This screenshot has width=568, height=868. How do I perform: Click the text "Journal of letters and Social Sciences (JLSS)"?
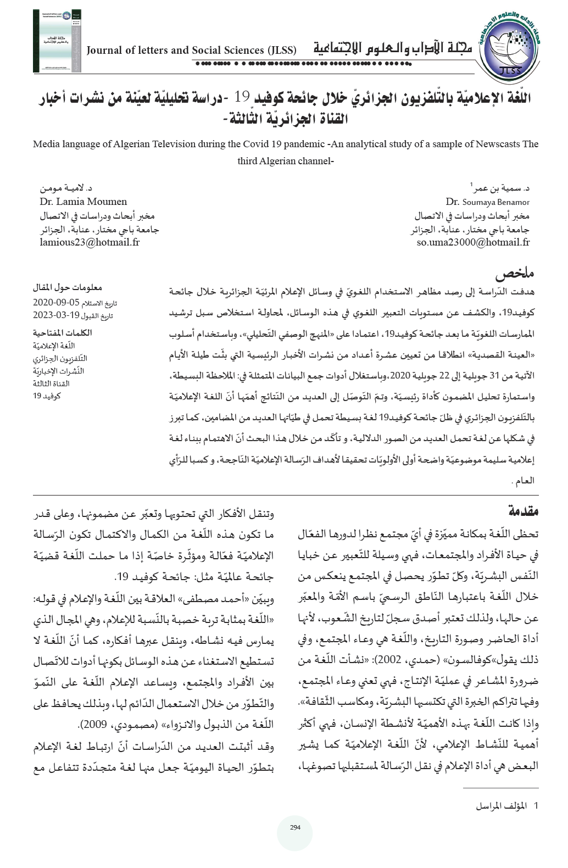pyautogui.click(x=192, y=51)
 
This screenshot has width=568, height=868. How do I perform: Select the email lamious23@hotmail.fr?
pyautogui.click(x=90, y=242)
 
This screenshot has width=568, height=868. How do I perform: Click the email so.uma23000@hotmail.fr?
pyautogui.click(x=473, y=242)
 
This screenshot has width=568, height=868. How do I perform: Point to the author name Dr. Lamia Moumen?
pyautogui.click(x=83, y=201)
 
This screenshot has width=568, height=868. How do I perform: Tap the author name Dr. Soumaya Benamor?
pyautogui.click(x=488, y=202)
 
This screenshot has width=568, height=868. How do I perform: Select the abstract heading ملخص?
pyautogui.click(x=516, y=273)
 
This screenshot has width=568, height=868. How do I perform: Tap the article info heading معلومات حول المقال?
pyautogui.click(x=69, y=287)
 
